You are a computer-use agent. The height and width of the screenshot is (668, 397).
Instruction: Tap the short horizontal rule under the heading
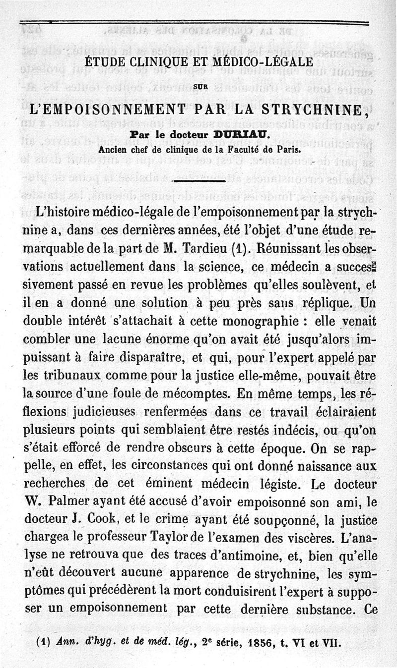point(199,183)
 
